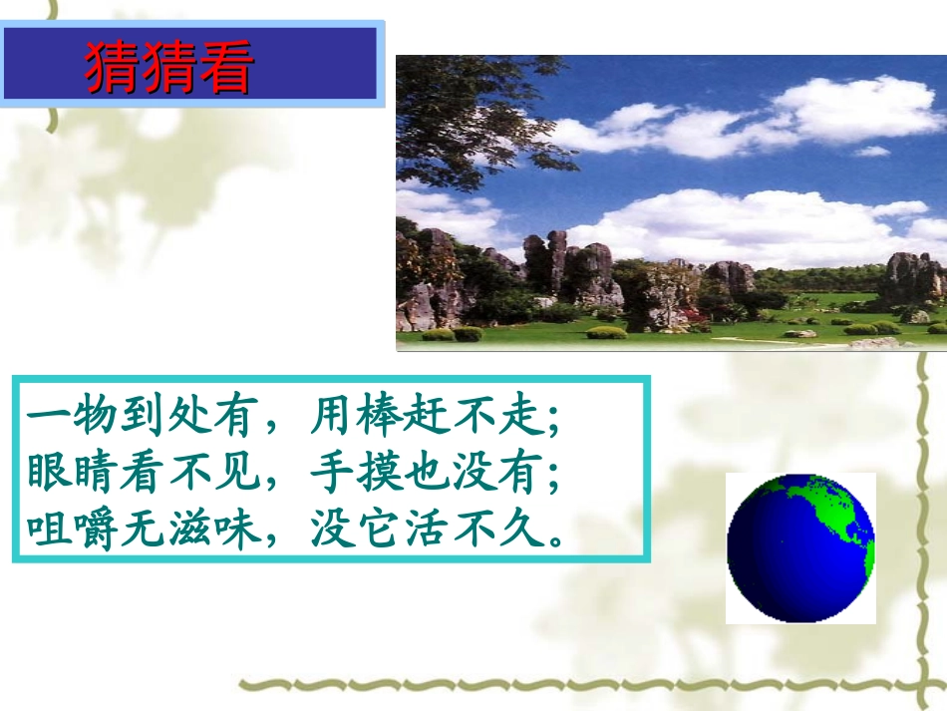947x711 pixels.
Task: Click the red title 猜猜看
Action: pyautogui.click(x=167, y=67)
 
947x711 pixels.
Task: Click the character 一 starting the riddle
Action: pyautogui.click(x=47, y=418)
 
